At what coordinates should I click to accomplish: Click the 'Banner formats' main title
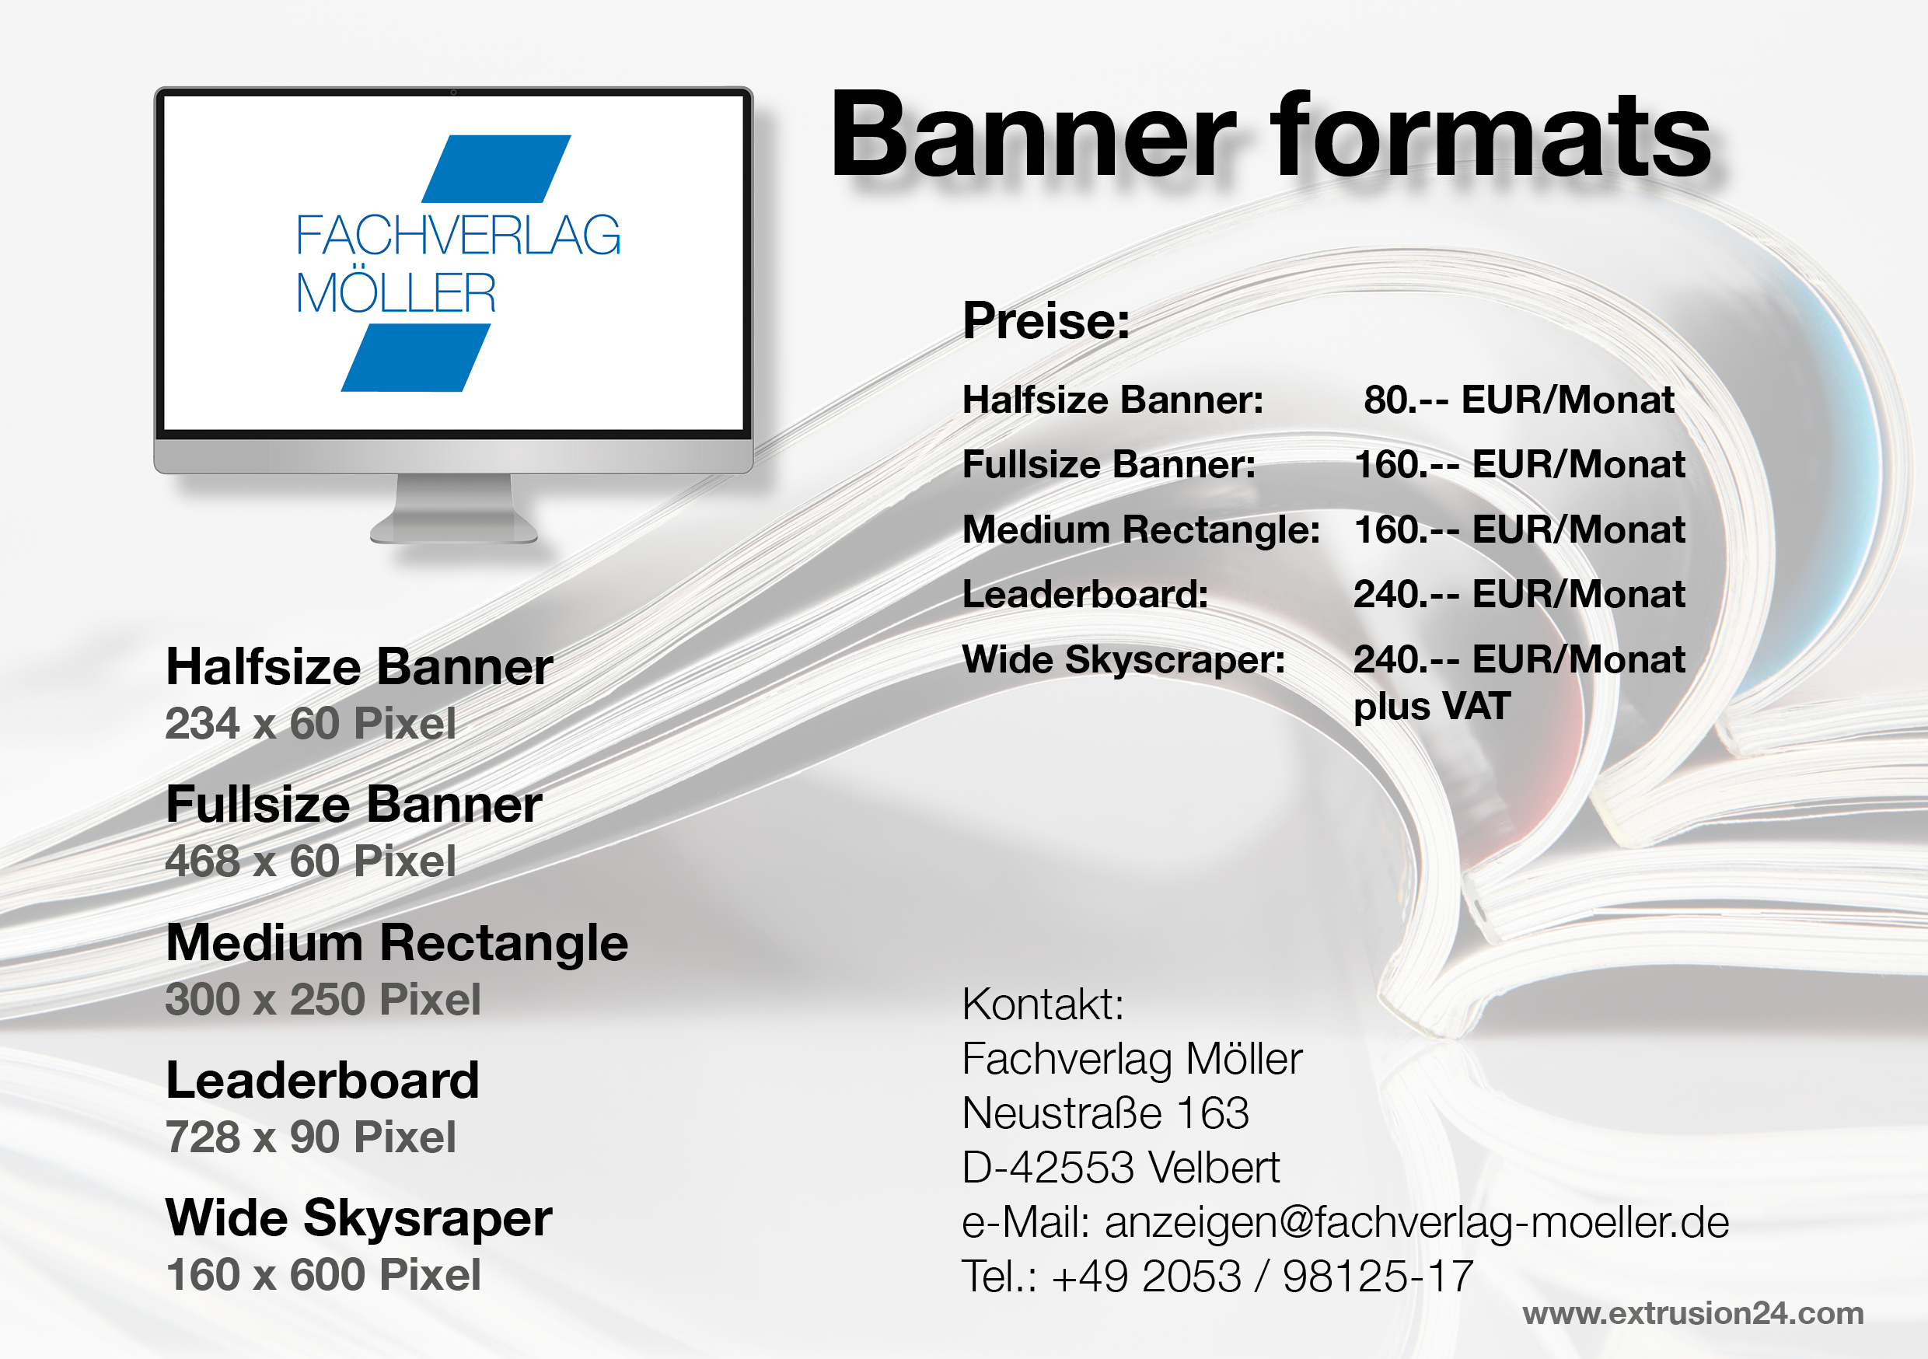(x=1270, y=136)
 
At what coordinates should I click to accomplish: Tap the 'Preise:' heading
(x=1046, y=320)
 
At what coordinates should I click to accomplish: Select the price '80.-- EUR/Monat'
(x=1518, y=400)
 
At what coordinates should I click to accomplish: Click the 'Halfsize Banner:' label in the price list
(x=1112, y=400)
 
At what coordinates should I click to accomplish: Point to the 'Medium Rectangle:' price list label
(x=1141, y=530)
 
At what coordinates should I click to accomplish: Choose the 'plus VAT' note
(x=1432, y=707)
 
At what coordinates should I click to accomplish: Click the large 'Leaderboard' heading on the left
(x=323, y=1080)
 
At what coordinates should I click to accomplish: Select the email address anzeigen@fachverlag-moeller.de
(x=1416, y=1223)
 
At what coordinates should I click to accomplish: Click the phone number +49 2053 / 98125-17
(x=1262, y=1277)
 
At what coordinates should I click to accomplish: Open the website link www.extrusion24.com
(x=1693, y=1314)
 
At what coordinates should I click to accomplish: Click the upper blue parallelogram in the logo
(x=496, y=169)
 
